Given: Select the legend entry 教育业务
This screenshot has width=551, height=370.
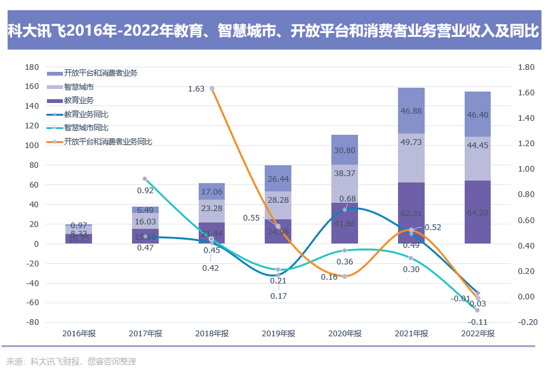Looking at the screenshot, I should (x=79, y=100).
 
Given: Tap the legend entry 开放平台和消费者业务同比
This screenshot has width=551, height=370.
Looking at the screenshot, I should (x=108, y=142).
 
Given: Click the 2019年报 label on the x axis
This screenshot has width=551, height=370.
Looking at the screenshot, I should (x=278, y=333).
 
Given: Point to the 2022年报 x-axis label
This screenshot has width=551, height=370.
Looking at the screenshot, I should (x=477, y=333).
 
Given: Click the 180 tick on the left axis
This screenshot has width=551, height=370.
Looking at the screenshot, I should (x=31, y=67).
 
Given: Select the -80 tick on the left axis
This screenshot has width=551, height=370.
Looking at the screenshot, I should (x=31, y=322).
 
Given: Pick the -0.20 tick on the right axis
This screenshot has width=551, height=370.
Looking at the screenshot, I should (x=528, y=322).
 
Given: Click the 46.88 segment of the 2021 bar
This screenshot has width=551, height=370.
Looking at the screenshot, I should (x=411, y=111).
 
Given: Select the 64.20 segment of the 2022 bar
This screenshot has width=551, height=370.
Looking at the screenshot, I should (x=477, y=212).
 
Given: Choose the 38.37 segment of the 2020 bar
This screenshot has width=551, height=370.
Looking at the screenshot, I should (x=345, y=173).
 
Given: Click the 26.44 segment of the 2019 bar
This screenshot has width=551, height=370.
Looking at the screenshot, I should (x=278, y=179).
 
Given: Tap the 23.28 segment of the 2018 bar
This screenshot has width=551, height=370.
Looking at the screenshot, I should (x=211, y=208).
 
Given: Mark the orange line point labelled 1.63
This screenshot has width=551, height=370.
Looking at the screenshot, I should (x=212, y=88).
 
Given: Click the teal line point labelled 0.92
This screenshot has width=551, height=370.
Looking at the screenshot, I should (x=145, y=179).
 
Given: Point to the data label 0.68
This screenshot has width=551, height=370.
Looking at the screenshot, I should (x=347, y=199).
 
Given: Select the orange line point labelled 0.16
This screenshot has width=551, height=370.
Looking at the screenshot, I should (x=345, y=277).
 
